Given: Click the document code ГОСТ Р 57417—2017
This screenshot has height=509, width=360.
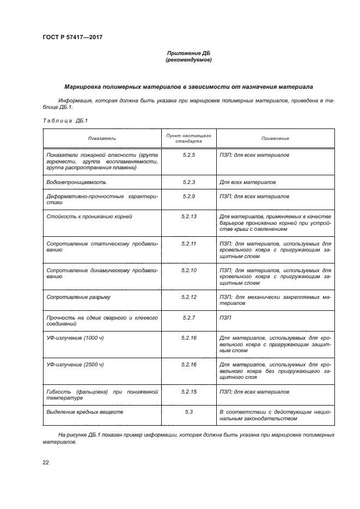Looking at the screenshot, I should tap(72, 37).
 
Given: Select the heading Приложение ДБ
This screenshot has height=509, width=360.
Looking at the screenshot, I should tap(188, 53).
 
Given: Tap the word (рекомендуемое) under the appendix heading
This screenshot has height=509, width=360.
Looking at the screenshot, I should tap(188, 60).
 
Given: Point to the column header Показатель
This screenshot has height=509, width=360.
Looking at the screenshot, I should tap(102, 138).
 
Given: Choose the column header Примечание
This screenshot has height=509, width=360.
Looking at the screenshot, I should tap(274, 138).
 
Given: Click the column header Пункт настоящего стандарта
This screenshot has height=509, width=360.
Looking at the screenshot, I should tap(188, 138).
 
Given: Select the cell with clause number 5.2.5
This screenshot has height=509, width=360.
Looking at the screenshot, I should tap(188, 155).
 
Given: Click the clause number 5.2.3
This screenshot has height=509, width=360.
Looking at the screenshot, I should tap(188, 182).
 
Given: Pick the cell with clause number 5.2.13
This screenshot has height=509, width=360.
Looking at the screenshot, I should tap(188, 217).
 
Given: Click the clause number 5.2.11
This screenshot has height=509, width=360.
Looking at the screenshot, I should tap(188, 243).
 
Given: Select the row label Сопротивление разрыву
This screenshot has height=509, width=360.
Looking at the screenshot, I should tap(79, 297).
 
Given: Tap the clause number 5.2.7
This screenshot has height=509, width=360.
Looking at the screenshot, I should tap(188, 317).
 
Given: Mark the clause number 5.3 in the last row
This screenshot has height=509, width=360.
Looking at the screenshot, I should tap(188, 412).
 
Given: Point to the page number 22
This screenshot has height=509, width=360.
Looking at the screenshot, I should tap(46, 463).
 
